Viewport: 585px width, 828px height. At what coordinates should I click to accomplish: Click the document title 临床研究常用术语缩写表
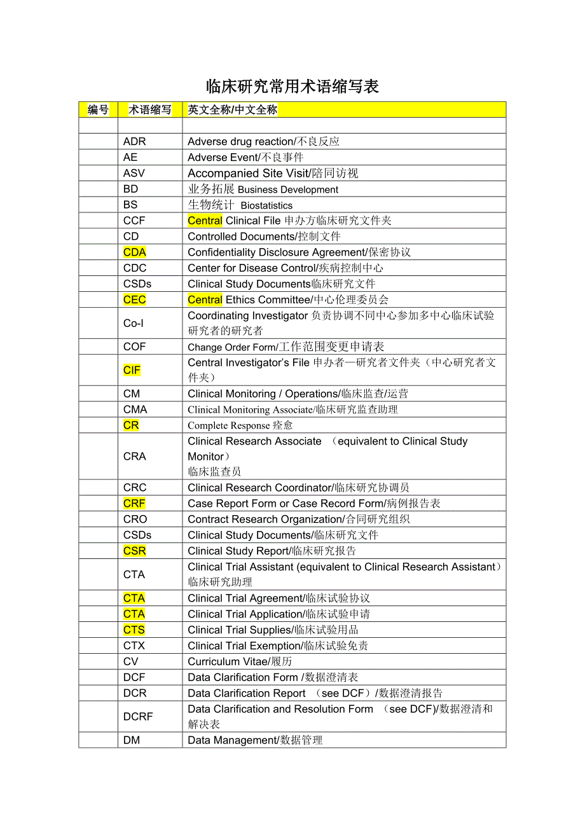coord(292,86)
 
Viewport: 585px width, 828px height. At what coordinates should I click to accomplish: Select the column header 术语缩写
coord(150,110)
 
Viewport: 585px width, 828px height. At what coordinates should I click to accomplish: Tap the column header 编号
coord(98,110)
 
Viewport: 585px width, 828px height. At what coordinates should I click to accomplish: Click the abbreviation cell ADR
coord(134,142)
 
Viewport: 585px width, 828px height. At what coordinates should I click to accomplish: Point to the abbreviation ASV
coord(134,173)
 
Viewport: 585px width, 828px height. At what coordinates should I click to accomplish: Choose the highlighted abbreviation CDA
coord(135,252)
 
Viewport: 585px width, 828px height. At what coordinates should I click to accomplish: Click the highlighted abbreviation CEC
coord(135,300)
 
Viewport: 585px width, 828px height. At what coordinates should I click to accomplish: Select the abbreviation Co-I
coord(134,323)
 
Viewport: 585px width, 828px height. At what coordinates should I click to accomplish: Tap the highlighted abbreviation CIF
coord(132,370)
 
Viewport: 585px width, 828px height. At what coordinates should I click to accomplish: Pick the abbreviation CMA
coord(135,410)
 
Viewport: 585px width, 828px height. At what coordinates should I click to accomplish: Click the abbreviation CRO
coord(135,519)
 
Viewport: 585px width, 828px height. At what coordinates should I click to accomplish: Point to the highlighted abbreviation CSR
coord(135,551)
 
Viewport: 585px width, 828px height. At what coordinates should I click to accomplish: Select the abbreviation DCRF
coord(138,717)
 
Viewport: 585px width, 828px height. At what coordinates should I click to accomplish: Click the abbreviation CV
coord(131,661)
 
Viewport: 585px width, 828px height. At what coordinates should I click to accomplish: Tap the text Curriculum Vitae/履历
coord(240,661)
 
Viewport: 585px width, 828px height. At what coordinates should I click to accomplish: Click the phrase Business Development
coord(288,190)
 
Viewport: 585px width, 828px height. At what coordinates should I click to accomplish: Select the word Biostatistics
coord(266,205)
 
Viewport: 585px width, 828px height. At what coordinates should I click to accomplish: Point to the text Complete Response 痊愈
coord(240,425)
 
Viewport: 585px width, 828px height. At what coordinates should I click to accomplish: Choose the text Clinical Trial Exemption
coord(244,645)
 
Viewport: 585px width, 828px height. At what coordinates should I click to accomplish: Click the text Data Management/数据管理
coord(255,740)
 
